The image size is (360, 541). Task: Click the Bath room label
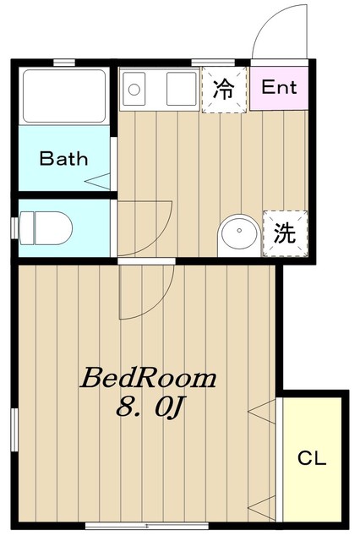click(64, 158)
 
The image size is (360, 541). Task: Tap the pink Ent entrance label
click(278, 87)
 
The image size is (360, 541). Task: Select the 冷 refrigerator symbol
click(223, 88)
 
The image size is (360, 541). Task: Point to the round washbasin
click(239, 234)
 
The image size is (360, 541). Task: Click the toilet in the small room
click(46, 227)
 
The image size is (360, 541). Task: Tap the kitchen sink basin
click(182, 87)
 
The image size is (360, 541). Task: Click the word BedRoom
click(148, 378)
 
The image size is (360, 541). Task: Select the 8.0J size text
click(150, 408)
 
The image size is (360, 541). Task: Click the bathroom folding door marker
click(99, 179)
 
